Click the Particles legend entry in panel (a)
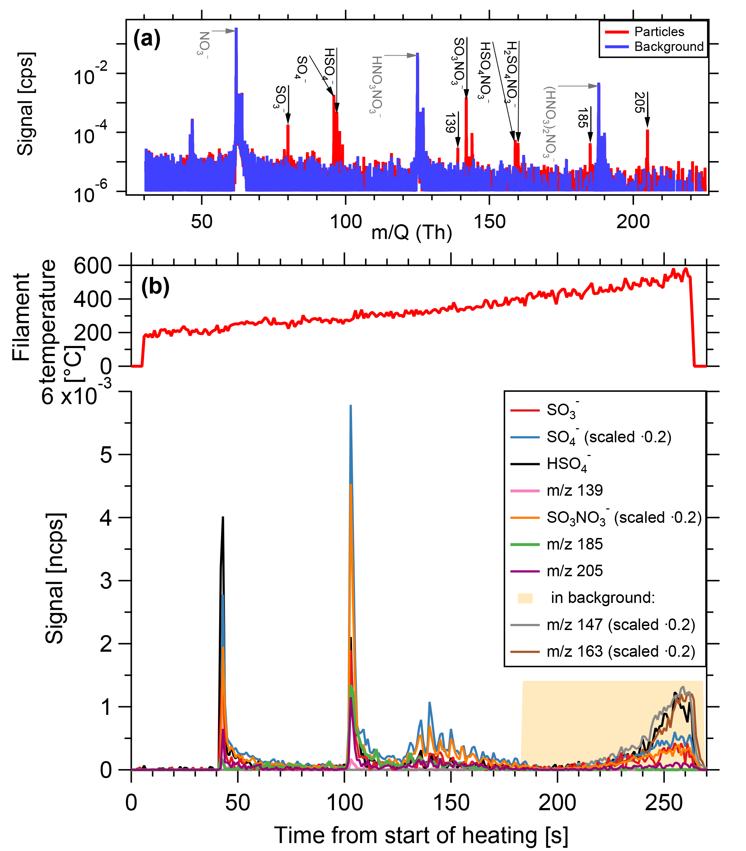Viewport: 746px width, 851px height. pyautogui.click(x=659, y=32)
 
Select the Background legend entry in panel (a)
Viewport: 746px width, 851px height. pyautogui.click(x=669, y=47)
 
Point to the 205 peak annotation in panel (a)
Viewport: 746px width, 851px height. pyautogui.click(x=639, y=103)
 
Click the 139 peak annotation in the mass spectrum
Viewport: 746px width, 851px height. pyautogui.click(x=450, y=123)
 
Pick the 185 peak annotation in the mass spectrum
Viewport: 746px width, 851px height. pyautogui.click(x=582, y=118)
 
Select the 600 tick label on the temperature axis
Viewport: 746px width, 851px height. pyautogui.click(x=92, y=266)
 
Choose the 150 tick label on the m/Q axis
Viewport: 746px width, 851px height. pyautogui.click(x=490, y=221)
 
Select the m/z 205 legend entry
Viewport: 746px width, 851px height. pyautogui.click(x=574, y=571)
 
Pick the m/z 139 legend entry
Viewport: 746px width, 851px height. pyautogui.click(x=574, y=490)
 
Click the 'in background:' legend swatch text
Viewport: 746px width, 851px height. pyautogui.click(x=603, y=598)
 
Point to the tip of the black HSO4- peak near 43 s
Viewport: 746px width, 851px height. pyautogui.click(x=223, y=517)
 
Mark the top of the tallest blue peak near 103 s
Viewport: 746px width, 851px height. pyautogui.click(x=351, y=405)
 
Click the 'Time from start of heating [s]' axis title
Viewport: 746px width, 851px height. pyautogui.click(x=420, y=835)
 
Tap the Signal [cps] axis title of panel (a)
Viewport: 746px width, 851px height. pyautogui.click(x=25, y=104)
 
